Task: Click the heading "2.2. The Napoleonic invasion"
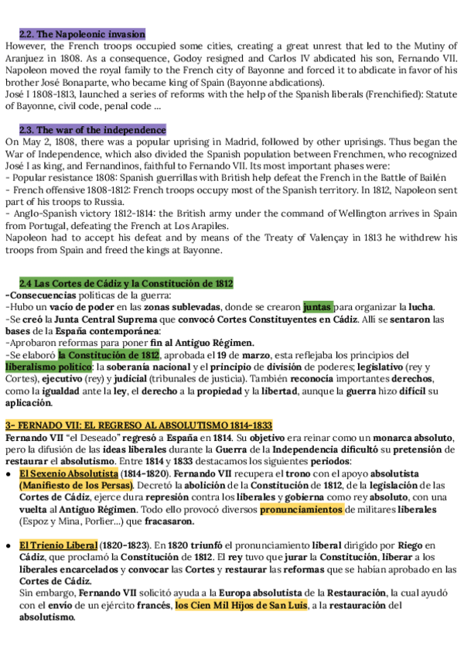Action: tap(82, 34)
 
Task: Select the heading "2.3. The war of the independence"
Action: tap(92, 130)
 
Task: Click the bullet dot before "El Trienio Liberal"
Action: tap(9, 545)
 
